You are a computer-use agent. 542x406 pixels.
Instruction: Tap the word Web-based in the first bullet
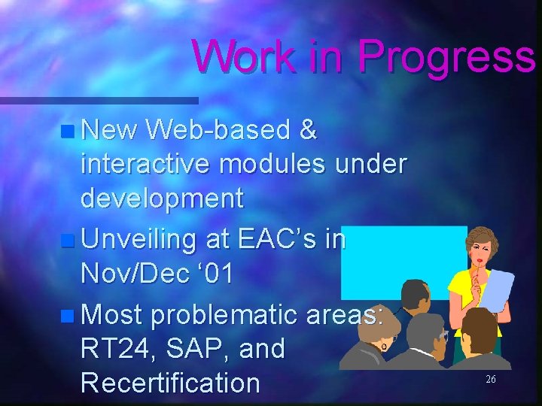218,131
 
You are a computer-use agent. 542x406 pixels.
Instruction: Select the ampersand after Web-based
308,131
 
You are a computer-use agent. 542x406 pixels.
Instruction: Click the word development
162,198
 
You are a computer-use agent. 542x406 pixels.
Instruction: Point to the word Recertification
170,383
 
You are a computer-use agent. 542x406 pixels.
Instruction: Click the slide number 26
490,380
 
